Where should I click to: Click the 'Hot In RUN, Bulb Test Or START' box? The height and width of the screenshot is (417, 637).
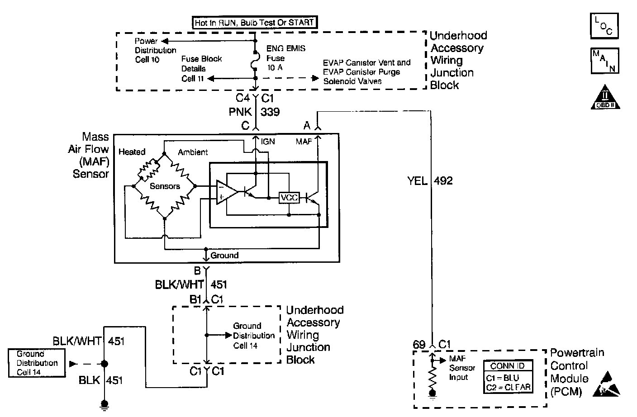(255, 23)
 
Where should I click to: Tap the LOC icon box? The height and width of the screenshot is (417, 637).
(604, 26)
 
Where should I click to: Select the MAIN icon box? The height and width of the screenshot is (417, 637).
(604, 61)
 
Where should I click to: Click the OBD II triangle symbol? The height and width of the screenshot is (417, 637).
(605, 98)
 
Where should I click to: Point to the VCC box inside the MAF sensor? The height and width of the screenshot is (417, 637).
(289, 197)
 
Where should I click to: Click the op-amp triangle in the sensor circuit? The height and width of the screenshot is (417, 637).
(227, 192)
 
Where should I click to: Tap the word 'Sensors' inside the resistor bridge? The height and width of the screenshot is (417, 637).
(165, 186)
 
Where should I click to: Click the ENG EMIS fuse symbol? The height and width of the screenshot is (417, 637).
(255, 61)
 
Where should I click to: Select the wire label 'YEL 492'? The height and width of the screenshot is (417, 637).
(430, 181)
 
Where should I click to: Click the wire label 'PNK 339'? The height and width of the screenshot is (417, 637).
(254, 112)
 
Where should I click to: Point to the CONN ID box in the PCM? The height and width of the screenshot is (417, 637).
(508, 376)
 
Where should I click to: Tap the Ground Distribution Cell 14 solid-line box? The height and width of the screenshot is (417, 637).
(37, 363)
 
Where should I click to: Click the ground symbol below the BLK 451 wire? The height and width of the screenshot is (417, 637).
(105, 406)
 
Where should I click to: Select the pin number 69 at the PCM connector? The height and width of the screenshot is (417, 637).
(419, 345)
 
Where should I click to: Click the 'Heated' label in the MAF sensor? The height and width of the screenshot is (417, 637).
(132, 152)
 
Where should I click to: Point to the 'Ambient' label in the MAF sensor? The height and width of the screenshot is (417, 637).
(193, 152)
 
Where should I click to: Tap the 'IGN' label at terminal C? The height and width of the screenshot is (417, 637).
(268, 142)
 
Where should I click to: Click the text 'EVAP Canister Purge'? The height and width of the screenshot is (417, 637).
(361, 72)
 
